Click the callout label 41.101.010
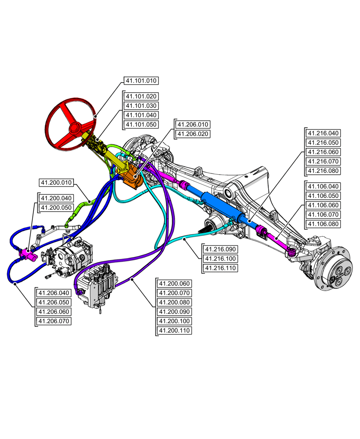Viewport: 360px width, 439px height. (x=141, y=81)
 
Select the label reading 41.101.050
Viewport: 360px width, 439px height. (x=141, y=125)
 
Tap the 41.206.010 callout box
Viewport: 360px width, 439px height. (x=193, y=124)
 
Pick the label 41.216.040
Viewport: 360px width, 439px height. (x=324, y=133)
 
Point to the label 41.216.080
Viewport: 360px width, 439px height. (x=324, y=171)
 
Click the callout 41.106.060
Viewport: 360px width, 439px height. (x=324, y=205)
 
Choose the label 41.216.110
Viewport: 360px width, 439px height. (x=220, y=267)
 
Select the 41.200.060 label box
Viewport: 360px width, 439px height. (x=175, y=284)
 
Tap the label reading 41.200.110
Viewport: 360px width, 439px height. (x=175, y=331)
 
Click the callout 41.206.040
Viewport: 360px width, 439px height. (x=54, y=293)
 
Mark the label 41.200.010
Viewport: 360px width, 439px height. (x=57, y=182)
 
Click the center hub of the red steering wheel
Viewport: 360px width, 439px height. (x=73, y=129)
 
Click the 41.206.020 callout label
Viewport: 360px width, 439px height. (x=193, y=134)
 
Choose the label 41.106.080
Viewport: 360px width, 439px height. (x=324, y=224)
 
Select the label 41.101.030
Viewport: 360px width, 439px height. (x=141, y=106)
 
